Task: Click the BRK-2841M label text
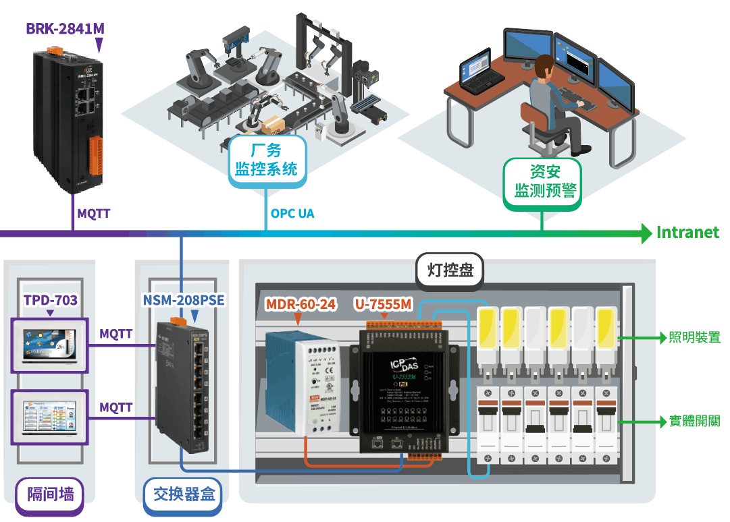click(x=66, y=28)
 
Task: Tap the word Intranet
click(x=687, y=233)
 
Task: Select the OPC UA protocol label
click(x=292, y=214)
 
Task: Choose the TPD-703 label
click(x=51, y=300)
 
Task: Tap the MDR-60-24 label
click(x=301, y=304)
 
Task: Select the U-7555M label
click(x=383, y=304)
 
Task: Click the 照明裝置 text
click(x=694, y=337)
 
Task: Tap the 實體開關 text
click(x=694, y=422)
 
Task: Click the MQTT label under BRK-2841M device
click(x=93, y=214)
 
